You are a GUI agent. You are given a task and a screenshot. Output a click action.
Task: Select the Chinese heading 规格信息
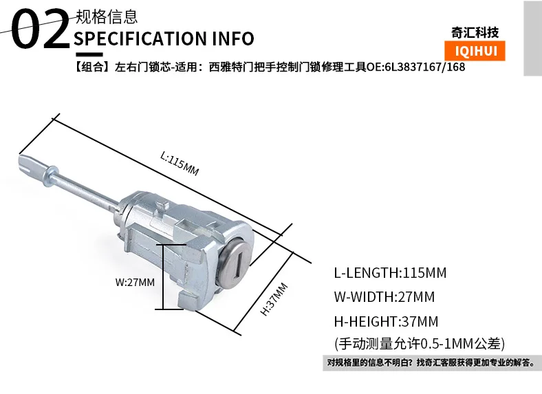click(107, 17)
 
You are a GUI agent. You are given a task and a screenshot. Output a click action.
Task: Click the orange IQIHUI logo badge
click(475, 51)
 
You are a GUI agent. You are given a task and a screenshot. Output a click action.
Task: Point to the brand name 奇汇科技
click(475, 33)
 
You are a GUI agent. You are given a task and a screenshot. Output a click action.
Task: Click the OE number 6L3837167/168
click(425, 67)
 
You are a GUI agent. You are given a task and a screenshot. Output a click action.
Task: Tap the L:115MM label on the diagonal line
click(180, 164)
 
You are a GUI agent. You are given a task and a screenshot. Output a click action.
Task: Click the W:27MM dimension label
click(135, 283)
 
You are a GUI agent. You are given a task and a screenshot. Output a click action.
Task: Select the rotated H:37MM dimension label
click(274, 299)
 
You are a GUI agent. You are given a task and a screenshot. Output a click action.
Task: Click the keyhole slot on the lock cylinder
click(238, 264)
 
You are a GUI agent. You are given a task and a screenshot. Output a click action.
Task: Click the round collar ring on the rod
click(50, 175)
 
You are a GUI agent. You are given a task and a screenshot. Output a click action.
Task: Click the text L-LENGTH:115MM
click(390, 273)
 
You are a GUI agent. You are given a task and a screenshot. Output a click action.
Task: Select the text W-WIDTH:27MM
click(384, 297)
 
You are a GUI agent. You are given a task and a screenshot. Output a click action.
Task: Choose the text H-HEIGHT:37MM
click(386, 321)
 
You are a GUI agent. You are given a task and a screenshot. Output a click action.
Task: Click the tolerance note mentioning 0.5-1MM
click(420, 344)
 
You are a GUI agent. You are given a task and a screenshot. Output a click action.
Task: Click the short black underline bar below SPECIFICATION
click(89, 54)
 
